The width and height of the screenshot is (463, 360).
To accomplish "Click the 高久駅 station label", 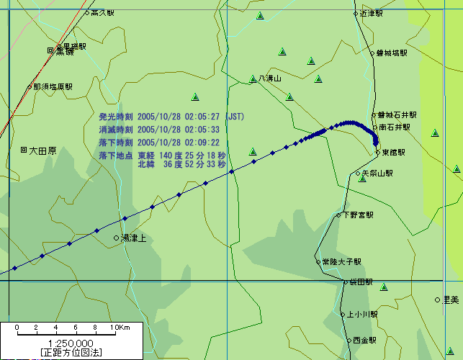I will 102,12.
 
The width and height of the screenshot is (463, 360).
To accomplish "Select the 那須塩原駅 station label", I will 53,86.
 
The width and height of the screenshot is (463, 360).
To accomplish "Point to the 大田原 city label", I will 42,150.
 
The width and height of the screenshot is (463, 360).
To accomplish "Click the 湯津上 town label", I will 133,238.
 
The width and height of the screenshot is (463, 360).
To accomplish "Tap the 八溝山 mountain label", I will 270,78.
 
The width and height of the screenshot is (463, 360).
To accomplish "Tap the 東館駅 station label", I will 393,153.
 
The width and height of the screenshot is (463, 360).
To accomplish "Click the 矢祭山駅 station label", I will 377,173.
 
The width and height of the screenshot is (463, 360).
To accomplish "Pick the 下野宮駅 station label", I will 358,215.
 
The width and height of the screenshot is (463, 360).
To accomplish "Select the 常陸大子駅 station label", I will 341,262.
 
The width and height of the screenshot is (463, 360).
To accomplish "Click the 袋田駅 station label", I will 361,283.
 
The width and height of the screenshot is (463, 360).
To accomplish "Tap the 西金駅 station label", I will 365,340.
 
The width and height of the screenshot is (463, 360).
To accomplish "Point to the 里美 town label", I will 451,300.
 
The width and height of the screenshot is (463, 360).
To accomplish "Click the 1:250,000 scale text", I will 70,343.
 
